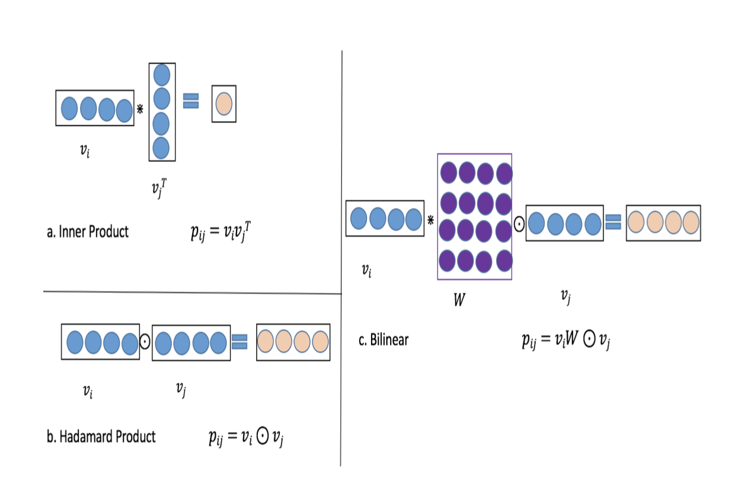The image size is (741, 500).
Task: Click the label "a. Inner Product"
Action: [x=87, y=232]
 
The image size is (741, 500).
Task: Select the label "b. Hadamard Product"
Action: [x=101, y=437]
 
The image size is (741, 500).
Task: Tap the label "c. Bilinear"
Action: [x=384, y=340]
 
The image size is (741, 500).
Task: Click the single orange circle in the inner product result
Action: [x=224, y=104]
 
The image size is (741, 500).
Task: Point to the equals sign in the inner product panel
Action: [x=190, y=101]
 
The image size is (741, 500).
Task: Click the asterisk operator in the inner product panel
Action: [x=140, y=108]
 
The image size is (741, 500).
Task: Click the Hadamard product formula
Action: [x=244, y=438]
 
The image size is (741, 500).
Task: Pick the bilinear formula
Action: [x=566, y=341]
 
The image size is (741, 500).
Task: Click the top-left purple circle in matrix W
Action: [x=449, y=173]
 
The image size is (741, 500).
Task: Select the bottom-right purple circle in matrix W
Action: [x=504, y=261]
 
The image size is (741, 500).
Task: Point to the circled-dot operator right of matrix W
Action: [x=519, y=224]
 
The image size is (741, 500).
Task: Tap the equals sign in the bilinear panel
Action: [x=613, y=223]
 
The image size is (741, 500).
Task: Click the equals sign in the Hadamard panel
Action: [x=239, y=342]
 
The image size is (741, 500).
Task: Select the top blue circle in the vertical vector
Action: [x=161, y=75]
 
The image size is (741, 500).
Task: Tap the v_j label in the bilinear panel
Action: [x=566, y=298]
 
